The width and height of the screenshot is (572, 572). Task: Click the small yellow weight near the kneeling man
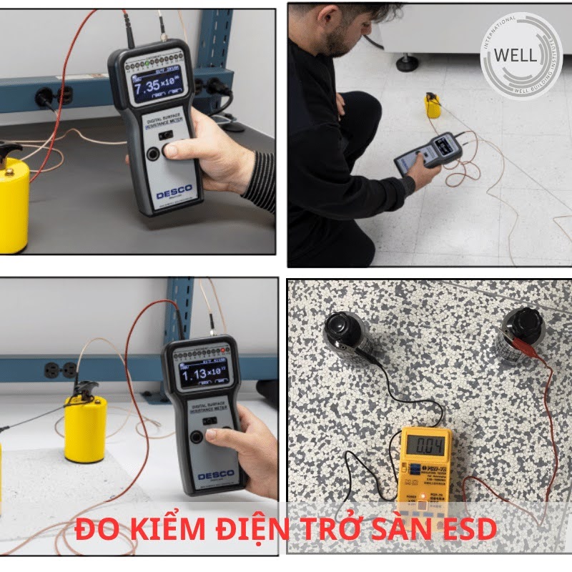coord(431,105)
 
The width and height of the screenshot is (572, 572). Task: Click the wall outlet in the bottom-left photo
coord(60,370)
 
